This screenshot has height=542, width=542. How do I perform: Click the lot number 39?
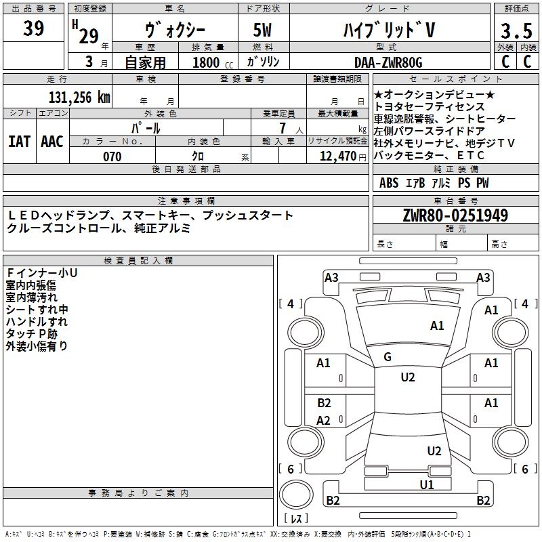[33, 28]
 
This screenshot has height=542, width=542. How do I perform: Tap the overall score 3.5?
[516, 31]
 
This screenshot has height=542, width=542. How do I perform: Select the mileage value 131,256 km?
[79, 98]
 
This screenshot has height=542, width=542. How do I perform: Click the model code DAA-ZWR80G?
[388, 62]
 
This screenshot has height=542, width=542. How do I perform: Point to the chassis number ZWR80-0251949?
[455, 215]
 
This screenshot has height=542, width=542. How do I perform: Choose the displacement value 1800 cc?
[213, 62]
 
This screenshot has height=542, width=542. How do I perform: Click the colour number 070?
[112, 157]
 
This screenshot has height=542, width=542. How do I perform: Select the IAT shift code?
[20, 142]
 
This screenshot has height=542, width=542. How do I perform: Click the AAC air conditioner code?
[52, 142]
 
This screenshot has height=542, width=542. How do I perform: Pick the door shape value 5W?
[262, 30]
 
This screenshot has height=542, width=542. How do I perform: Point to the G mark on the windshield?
[388, 357]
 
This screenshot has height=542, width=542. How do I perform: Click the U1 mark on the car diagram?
[427, 484]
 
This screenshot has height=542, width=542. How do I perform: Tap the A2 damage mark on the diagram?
[324, 420]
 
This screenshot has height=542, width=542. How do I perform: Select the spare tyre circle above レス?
[296, 495]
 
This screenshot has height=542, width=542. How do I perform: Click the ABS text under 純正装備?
[389, 183]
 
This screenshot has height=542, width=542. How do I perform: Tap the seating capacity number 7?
[283, 128]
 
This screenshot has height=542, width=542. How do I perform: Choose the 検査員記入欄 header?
[138, 261]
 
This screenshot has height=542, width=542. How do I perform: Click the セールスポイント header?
[455, 79]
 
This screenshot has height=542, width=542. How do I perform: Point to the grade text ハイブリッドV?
[389, 30]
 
